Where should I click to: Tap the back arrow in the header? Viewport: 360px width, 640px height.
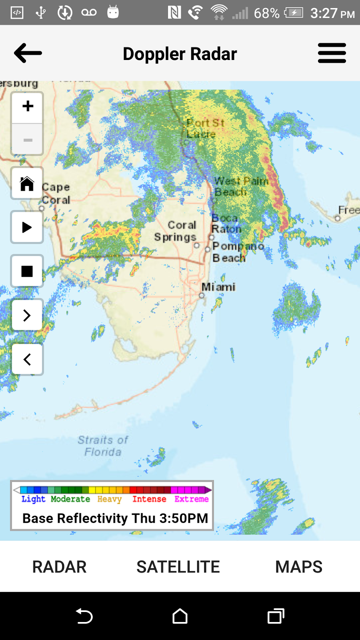click(28, 53)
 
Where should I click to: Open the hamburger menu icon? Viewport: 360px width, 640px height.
click(332, 53)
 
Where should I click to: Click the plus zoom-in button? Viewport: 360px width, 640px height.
click(28, 107)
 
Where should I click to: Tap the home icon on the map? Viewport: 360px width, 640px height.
click(27, 184)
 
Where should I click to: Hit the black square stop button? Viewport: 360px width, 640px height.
click(27, 271)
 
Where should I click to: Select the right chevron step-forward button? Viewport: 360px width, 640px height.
click(27, 315)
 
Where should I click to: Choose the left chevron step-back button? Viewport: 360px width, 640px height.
click(27, 359)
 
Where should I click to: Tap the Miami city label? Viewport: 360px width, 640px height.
click(218, 287)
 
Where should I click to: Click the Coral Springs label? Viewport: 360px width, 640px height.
click(176, 231)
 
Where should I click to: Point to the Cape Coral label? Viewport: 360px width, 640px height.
click(56, 193)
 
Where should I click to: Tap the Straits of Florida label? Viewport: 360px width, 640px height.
click(103, 446)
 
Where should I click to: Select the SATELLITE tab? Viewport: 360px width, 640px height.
click(178, 567)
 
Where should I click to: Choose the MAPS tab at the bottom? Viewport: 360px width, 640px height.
click(299, 567)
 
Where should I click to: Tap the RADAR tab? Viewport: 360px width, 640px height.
click(60, 567)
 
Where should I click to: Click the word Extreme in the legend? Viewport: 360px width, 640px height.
click(192, 499)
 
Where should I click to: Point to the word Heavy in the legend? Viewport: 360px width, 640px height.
click(109, 499)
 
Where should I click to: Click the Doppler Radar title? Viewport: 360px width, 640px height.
click(180, 54)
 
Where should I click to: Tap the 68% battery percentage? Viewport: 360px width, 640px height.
click(266, 13)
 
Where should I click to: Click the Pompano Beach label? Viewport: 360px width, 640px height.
click(238, 252)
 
